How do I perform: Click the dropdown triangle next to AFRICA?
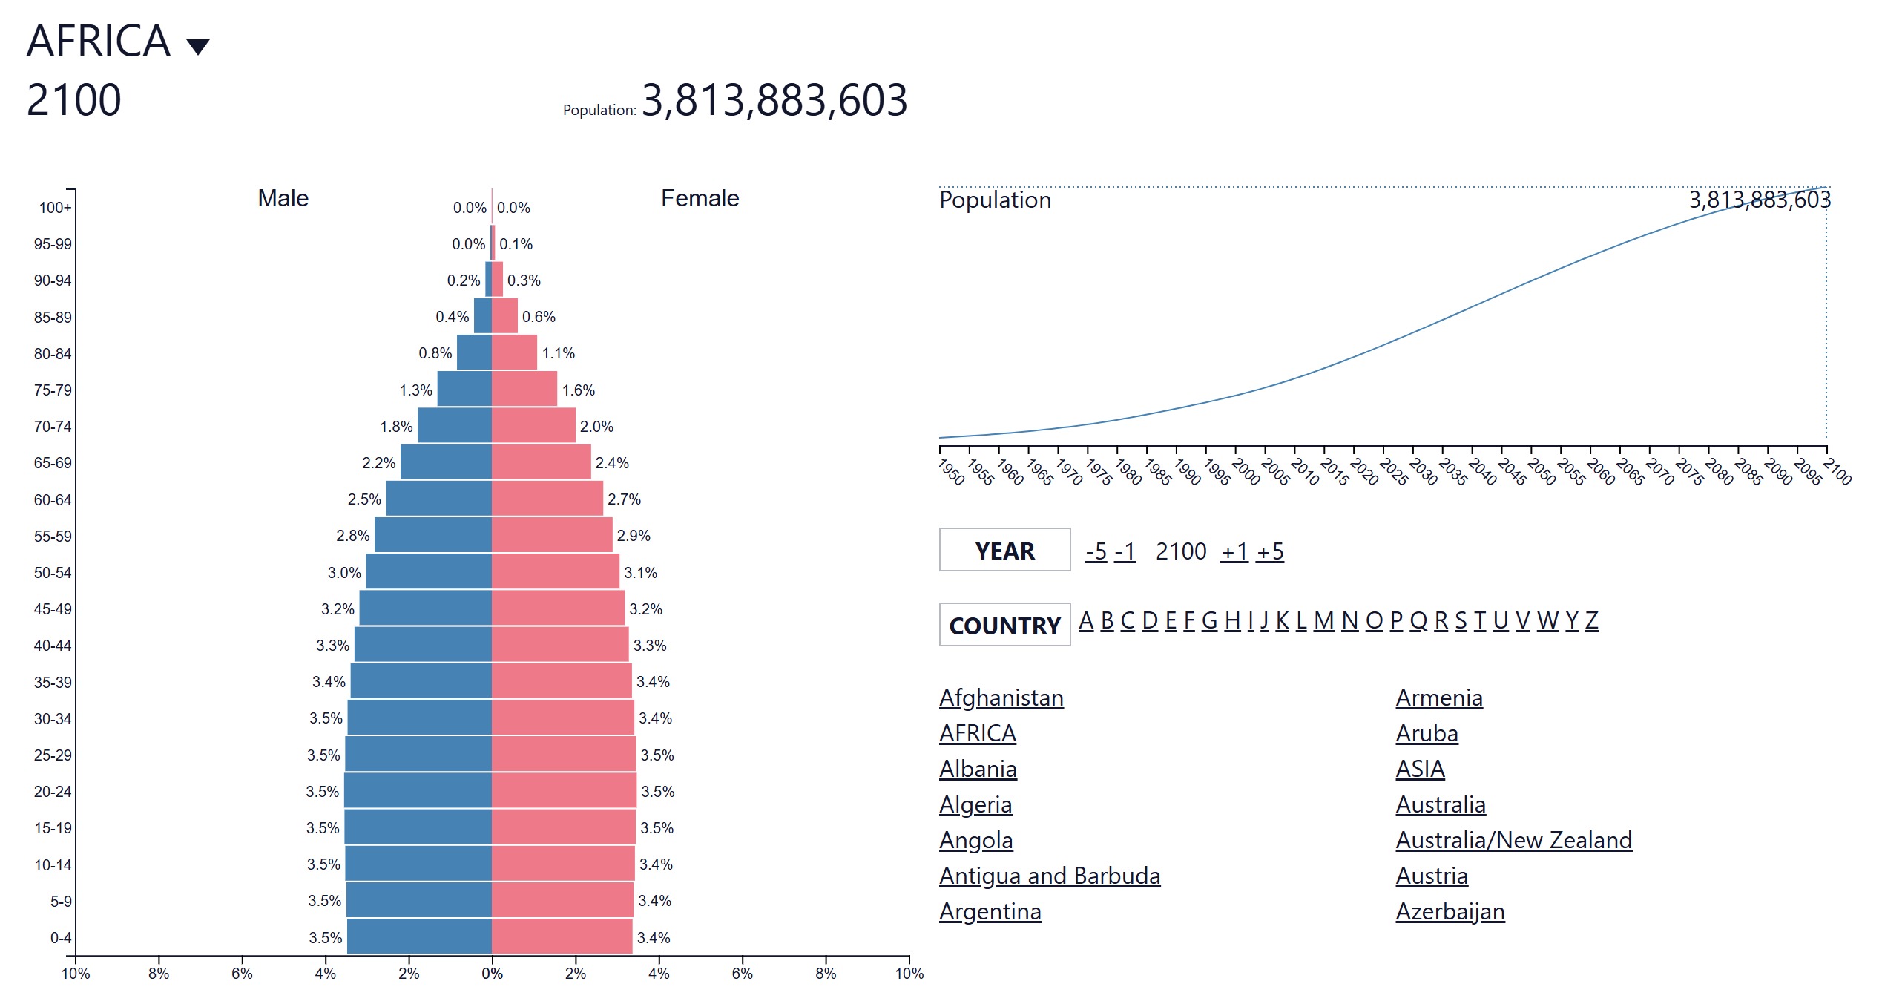point(197,47)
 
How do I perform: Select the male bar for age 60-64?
point(438,499)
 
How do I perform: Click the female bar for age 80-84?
point(514,352)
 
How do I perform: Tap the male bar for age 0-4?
point(419,936)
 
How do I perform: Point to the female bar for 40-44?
point(560,645)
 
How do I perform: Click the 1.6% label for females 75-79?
point(579,390)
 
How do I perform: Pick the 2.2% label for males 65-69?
point(378,463)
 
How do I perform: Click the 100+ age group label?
point(55,208)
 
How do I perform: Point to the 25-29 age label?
point(53,755)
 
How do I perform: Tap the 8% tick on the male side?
point(159,973)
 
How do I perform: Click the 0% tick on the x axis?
point(492,973)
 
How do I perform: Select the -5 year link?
point(1096,551)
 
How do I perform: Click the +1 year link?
point(1234,551)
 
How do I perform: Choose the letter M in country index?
point(1323,620)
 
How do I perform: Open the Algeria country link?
point(975,804)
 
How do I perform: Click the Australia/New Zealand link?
point(1513,840)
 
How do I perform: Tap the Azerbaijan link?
point(1450,911)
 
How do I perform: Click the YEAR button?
point(1004,550)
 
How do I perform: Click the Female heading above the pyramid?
point(700,198)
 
